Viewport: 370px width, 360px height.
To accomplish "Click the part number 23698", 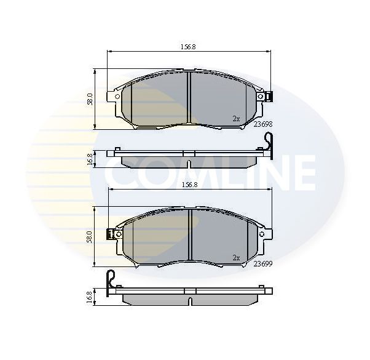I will [x=262, y=123].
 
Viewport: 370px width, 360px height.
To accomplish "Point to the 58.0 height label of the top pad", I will [x=90, y=98].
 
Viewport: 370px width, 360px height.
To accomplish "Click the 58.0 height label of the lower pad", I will [x=90, y=236].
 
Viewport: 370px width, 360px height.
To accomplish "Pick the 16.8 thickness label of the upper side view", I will [x=90, y=159].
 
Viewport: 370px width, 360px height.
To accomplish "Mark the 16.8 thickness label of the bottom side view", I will [x=90, y=297].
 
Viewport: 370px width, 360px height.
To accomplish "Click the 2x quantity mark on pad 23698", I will [x=236, y=118].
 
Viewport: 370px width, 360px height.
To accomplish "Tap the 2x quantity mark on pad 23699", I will [x=236, y=257].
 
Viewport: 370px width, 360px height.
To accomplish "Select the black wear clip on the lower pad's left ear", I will [x=111, y=234].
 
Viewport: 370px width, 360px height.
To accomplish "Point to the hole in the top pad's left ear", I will [x=116, y=96].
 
